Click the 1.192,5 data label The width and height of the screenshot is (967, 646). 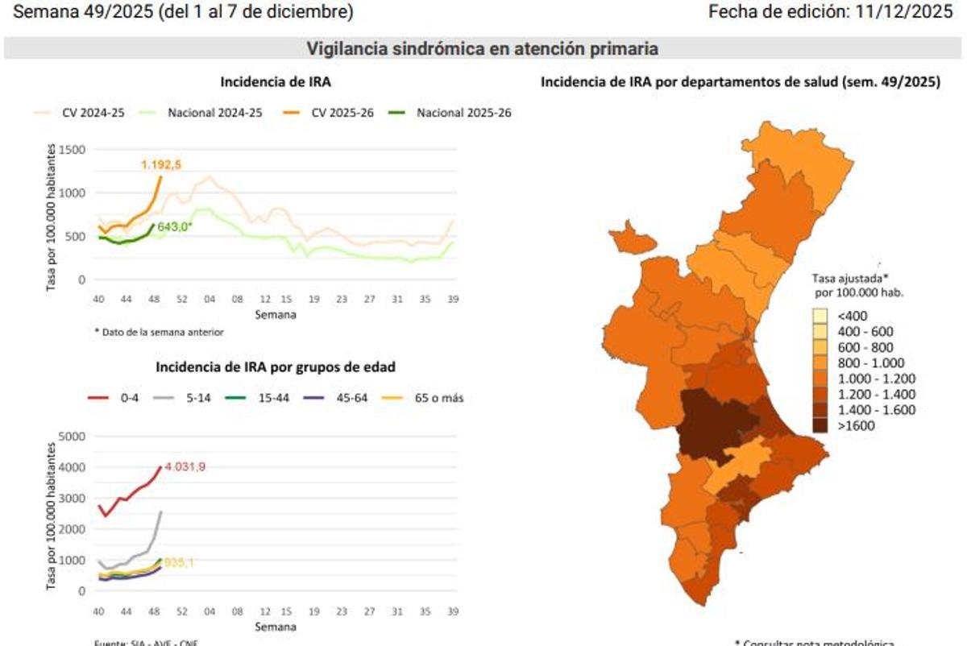[x=162, y=165]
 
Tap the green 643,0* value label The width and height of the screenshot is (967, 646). [x=175, y=227]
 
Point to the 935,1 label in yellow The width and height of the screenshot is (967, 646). [x=179, y=563]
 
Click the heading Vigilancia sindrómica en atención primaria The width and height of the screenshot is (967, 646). [x=482, y=49]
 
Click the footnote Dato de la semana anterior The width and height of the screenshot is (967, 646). [x=159, y=332]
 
